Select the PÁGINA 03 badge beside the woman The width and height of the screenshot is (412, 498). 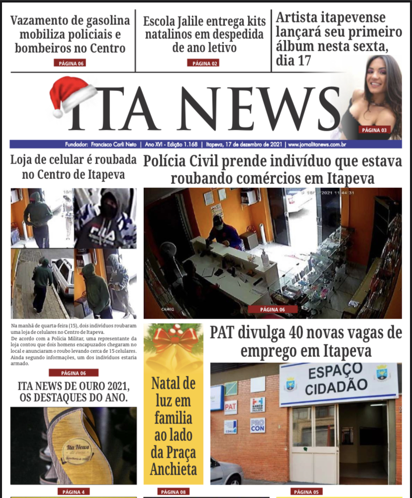point(374,130)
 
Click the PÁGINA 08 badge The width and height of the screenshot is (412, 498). point(173,492)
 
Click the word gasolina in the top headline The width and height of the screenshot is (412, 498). point(104,21)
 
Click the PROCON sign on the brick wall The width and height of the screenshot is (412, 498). point(258,424)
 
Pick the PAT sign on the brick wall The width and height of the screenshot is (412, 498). point(230,408)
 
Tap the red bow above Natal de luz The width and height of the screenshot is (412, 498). point(174,338)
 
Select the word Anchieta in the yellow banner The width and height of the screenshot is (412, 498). point(174,468)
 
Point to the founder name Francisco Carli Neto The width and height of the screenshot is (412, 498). point(115,145)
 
